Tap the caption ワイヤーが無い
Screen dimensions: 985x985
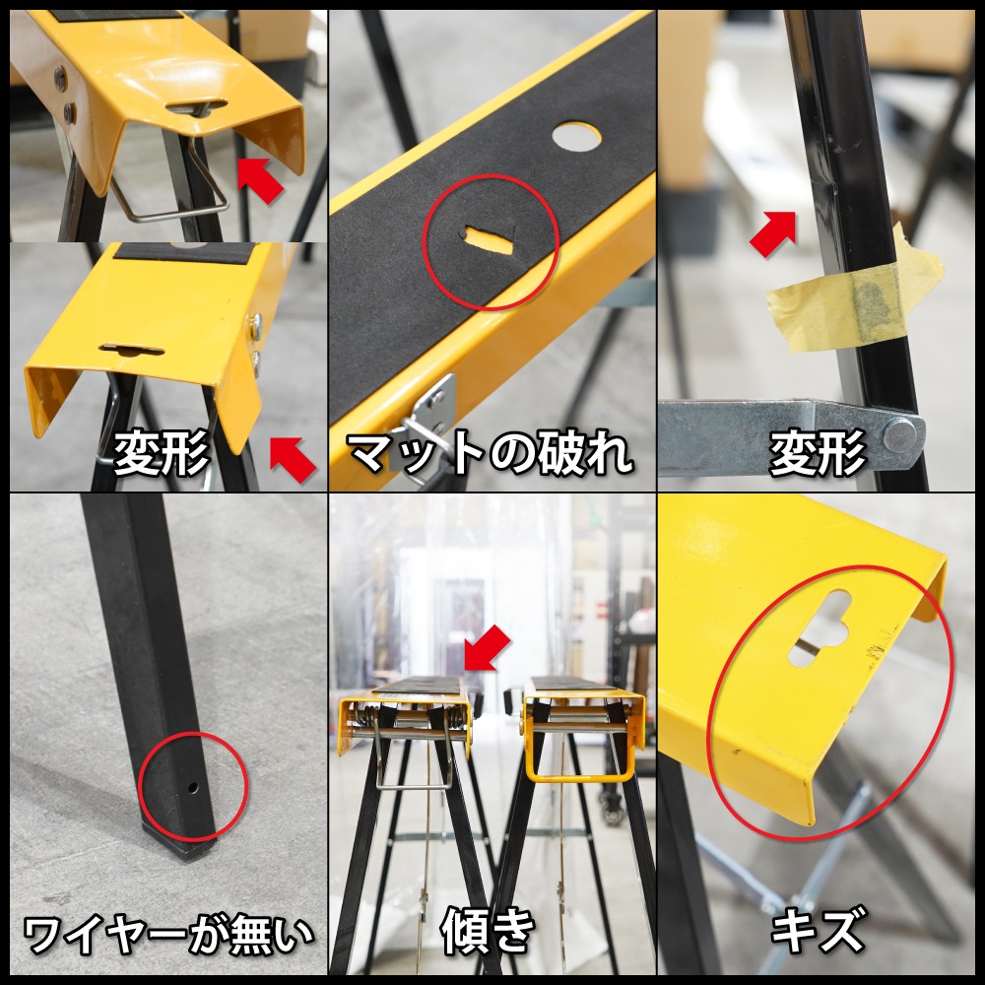click(167, 935)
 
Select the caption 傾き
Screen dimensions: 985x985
click(489, 931)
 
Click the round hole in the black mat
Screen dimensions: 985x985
click(576, 137)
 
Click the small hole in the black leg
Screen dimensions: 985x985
click(193, 786)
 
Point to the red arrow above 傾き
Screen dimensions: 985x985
click(488, 648)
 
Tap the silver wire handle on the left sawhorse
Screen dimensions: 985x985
click(414, 754)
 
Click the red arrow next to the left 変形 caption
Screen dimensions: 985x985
click(294, 460)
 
